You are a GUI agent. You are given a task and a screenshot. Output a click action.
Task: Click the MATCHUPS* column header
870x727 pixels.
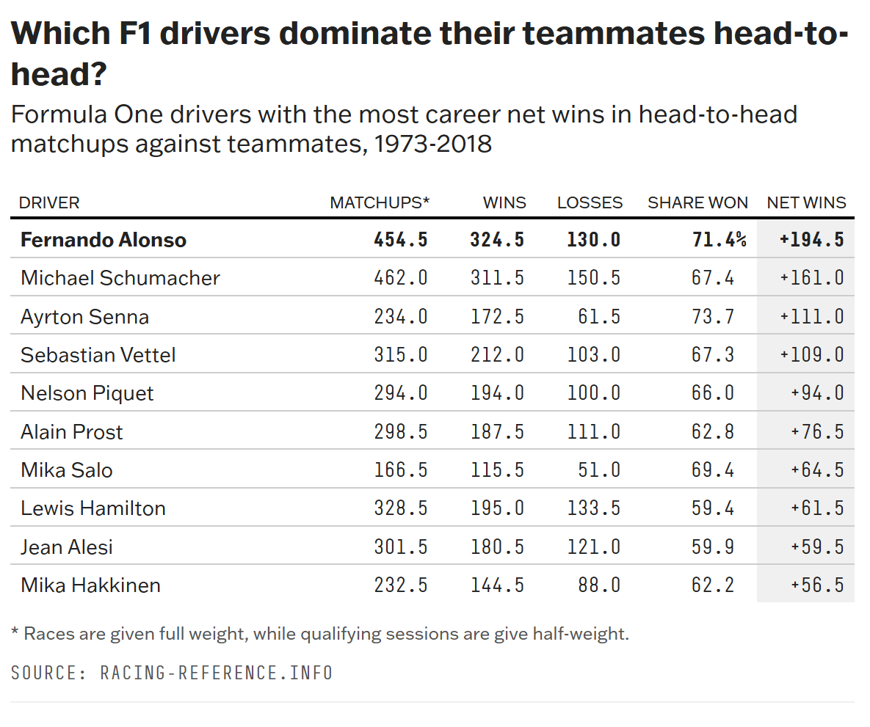pos(380,203)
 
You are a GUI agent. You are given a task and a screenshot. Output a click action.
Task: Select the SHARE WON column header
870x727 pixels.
pos(697,203)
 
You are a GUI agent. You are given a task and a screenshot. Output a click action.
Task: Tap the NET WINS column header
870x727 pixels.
pos(806,203)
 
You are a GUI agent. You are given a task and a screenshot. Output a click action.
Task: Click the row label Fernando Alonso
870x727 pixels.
pos(104,240)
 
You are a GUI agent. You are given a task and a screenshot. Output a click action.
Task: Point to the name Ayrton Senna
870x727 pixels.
pos(85,317)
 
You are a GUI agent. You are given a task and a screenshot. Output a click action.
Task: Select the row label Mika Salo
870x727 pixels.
pos(67,470)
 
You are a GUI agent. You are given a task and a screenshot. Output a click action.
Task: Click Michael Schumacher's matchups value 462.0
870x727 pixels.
pos(401,278)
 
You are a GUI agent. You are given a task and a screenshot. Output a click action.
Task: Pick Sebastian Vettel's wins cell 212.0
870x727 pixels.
pos(497,355)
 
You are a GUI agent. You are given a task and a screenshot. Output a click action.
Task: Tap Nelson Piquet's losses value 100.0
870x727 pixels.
pos(594,393)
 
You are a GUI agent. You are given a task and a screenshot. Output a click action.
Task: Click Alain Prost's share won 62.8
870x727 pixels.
pos(712,432)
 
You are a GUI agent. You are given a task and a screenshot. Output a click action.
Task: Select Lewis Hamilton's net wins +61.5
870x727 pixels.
pos(817,508)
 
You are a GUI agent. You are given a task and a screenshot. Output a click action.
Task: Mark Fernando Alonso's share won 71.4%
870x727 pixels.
pos(719,240)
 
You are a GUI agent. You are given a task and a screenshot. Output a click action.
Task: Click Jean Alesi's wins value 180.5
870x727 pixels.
pos(497,547)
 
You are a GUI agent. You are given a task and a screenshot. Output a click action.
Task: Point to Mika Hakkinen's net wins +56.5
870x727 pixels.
pos(817,585)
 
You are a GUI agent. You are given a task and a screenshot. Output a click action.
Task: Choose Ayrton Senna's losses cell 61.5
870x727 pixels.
pos(599,317)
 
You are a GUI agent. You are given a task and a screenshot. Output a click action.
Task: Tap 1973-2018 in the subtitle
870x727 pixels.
pos(432,145)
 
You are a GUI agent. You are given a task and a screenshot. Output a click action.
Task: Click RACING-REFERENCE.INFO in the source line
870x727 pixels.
pos(217,673)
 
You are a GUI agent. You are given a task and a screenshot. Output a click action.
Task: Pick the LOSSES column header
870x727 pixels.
pos(590,203)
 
